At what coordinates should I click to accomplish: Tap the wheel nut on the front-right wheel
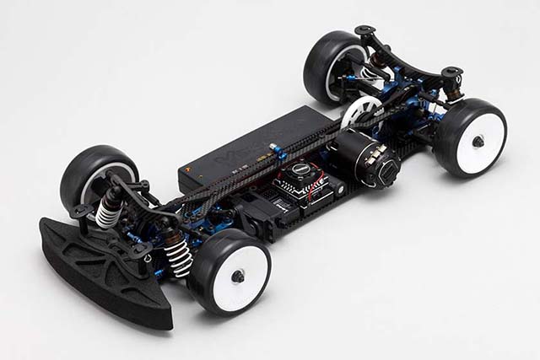(x=239, y=275)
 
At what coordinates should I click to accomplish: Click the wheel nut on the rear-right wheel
(x=478, y=141)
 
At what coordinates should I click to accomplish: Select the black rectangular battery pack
(x=245, y=152)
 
